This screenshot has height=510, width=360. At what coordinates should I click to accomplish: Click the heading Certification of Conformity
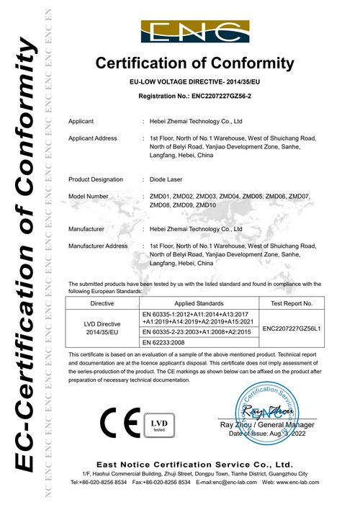coord(195,63)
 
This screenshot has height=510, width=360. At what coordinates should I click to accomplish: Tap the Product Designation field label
coord(96,179)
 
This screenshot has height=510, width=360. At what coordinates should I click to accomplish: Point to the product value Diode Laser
coord(167,179)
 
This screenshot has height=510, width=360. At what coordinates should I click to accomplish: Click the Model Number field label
coord(89,196)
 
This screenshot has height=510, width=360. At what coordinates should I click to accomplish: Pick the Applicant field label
coord(81,122)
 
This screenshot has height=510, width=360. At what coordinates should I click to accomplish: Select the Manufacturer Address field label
coord(98,246)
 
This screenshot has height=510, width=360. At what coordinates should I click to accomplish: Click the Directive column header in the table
coord(100,304)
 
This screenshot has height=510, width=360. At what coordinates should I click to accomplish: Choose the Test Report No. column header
coord(292,304)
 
